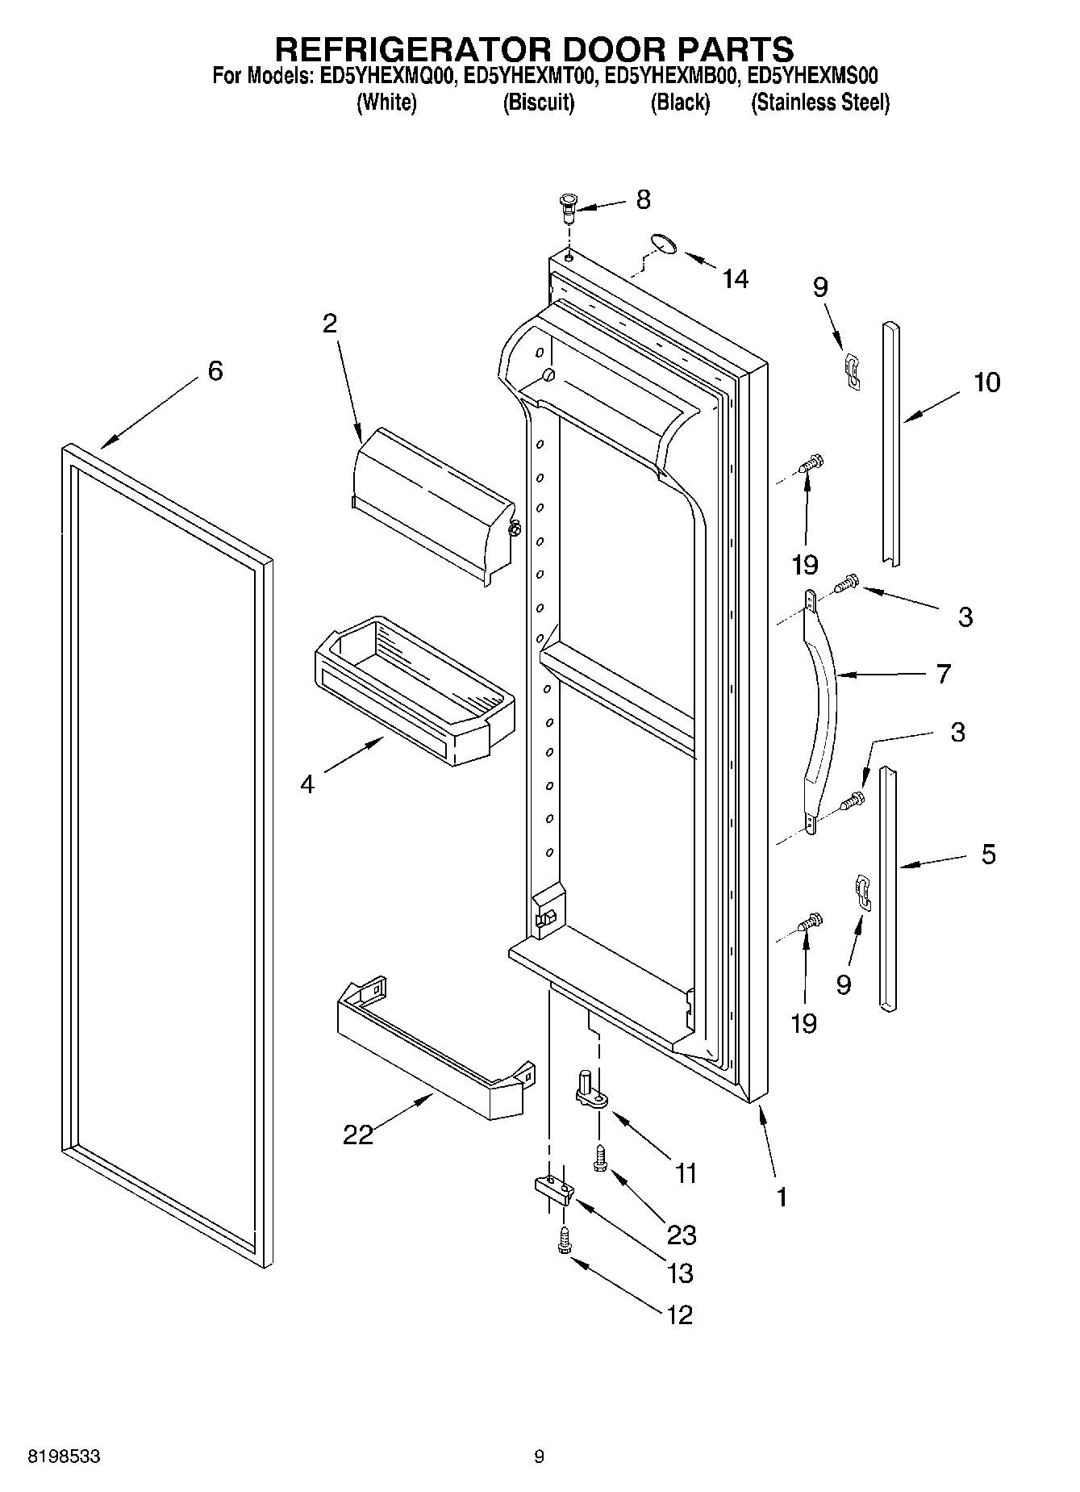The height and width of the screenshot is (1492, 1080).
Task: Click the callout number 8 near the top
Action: tap(643, 199)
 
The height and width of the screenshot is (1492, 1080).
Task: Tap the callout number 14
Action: tap(735, 279)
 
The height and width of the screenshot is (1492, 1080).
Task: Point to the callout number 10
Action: tap(986, 382)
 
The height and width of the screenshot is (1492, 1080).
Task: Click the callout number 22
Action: tap(358, 1135)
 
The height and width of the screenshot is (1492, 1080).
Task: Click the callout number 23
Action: tap(682, 1235)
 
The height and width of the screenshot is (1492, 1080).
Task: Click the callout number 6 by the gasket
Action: tap(215, 370)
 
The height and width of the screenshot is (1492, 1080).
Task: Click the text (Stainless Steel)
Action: tap(820, 103)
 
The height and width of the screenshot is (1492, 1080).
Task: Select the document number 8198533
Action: tap(64, 1456)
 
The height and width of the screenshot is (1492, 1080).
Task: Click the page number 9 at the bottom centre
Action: tap(539, 1456)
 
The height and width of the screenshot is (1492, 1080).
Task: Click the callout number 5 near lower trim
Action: tap(988, 854)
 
